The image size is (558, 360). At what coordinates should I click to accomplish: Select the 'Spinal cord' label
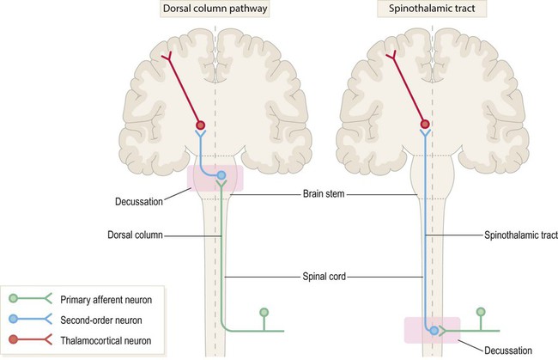click(x=323, y=277)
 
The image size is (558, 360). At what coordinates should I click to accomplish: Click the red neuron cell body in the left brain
click(x=200, y=124)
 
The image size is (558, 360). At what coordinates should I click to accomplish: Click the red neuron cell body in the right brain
click(x=423, y=124)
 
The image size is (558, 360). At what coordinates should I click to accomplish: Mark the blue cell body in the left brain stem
click(x=221, y=176)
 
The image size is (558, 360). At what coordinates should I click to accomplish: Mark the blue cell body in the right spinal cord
click(x=434, y=330)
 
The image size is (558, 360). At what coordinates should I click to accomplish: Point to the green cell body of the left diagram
click(x=264, y=312)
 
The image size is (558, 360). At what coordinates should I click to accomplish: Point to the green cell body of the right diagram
click(x=481, y=312)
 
